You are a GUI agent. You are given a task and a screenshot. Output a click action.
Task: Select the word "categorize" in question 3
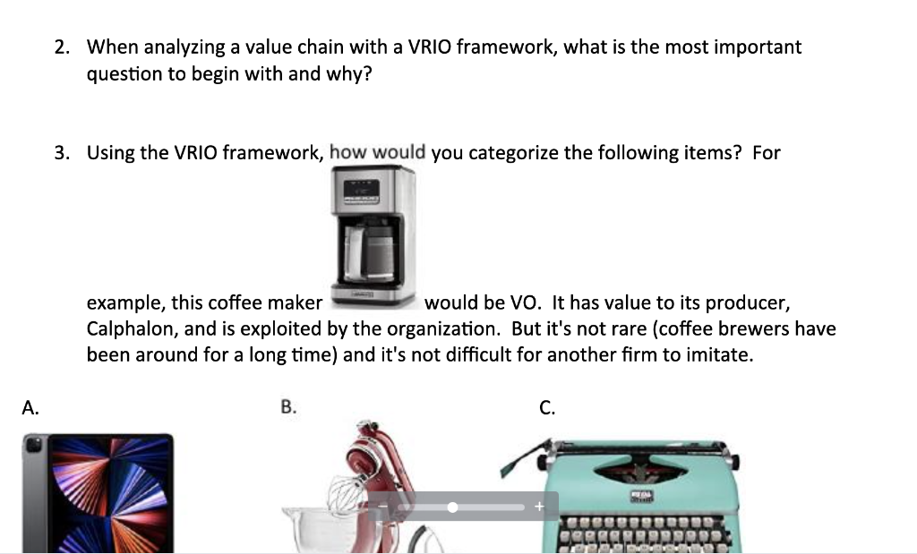click(515, 153)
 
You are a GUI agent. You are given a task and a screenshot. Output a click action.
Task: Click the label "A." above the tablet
click(30, 408)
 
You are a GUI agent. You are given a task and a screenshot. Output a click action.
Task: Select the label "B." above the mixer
click(287, 408)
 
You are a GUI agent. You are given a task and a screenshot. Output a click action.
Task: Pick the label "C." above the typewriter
click(547, 408)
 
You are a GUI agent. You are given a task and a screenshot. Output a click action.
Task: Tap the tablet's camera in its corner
click(35, 445)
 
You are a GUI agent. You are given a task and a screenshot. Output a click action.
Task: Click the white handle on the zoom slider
click(452, 507)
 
